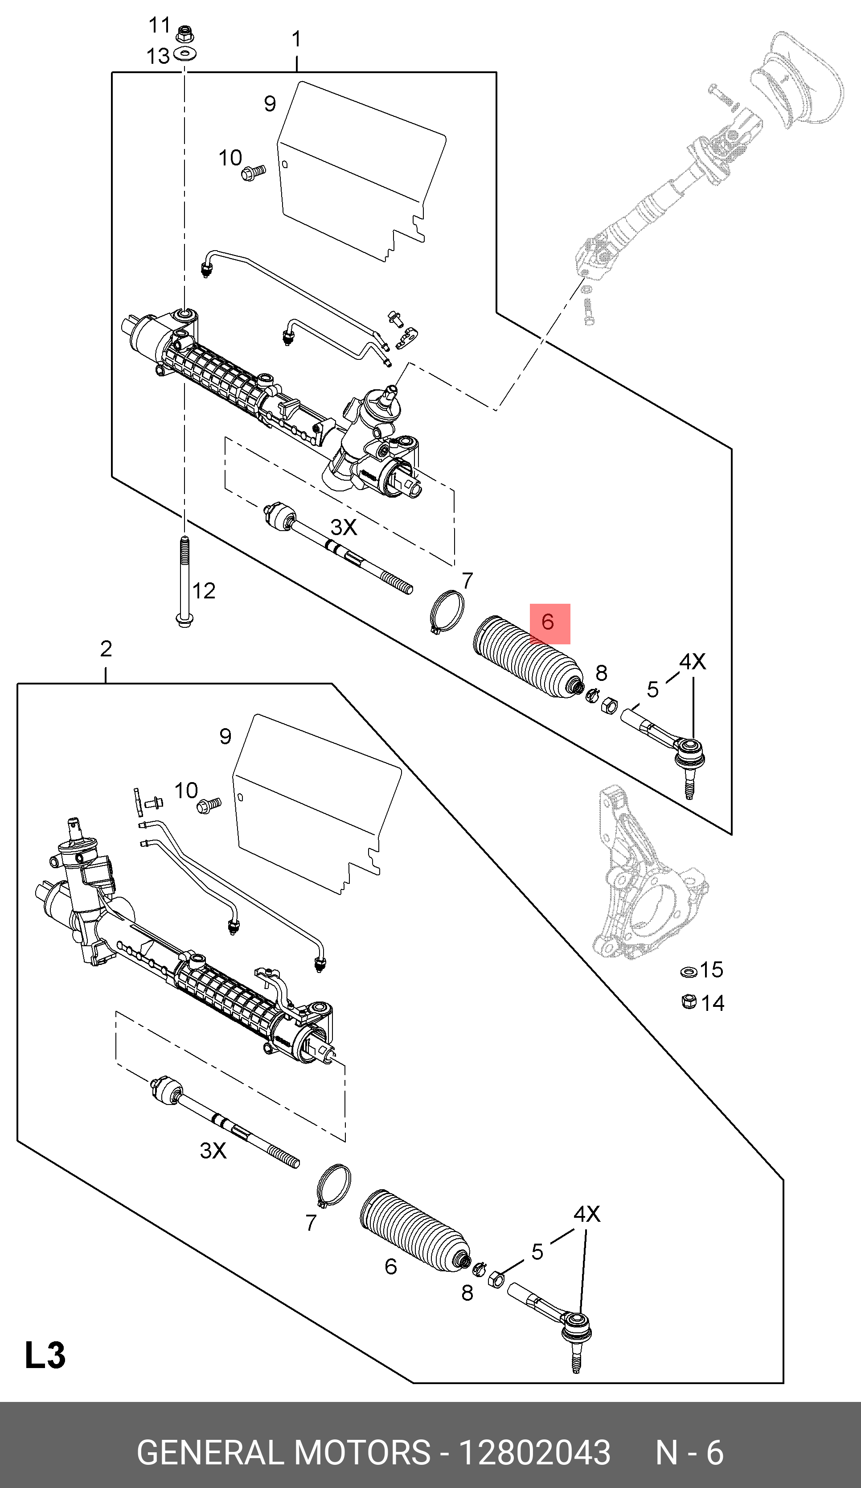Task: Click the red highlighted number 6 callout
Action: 549,623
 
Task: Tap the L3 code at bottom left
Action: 45,1355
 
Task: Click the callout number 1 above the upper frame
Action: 296,40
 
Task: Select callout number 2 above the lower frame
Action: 106,649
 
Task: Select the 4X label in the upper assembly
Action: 692,661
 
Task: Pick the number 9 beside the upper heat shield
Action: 270,104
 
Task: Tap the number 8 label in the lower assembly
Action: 467,1293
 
